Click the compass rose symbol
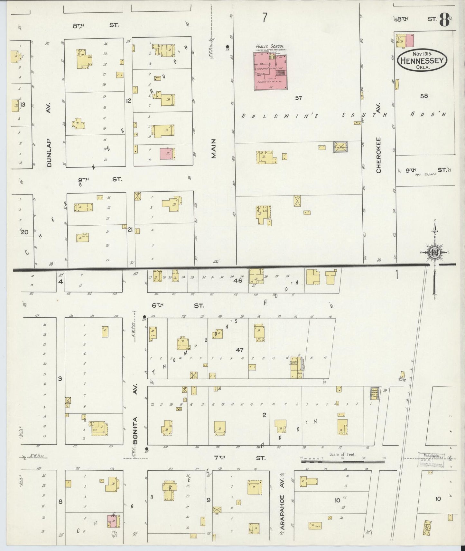coord(435,252)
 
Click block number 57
coord(298,98)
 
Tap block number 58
coord(424,95)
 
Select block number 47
coord(239,350)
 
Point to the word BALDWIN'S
coord(280,116)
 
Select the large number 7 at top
coord(265,18)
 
